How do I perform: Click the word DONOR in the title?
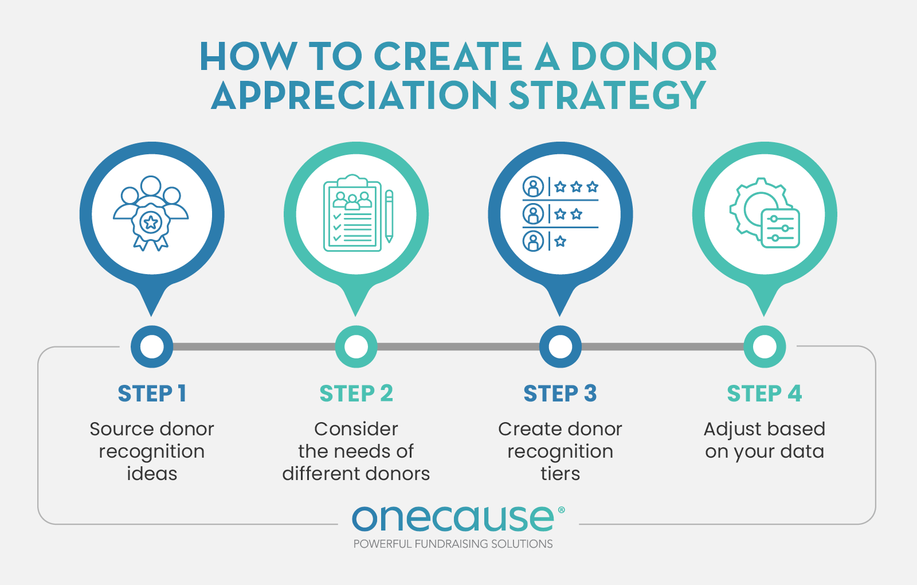coord(644,57)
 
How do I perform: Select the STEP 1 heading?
coord(152,393)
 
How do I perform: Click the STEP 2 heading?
coord(356,393)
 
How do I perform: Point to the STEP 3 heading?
coord(560,393)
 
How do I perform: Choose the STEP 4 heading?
coord(764,393)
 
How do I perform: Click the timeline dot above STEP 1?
coord(152,346)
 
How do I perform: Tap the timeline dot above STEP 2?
coord(356,346)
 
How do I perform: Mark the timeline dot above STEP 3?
coord(560,346)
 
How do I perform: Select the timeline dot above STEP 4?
coord(764,346)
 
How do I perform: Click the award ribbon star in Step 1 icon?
coord(151,222)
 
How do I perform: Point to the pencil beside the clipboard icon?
coord(389,216)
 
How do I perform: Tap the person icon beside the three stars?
coord(533,187)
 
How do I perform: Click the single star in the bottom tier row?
coord(561,241)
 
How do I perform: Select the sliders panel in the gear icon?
coord(781,228)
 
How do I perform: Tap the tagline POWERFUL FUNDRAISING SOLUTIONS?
coord(453,544)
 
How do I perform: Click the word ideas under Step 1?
coord(152,474)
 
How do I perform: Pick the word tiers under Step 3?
coord(560,474)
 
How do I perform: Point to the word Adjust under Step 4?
coord(730,430)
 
